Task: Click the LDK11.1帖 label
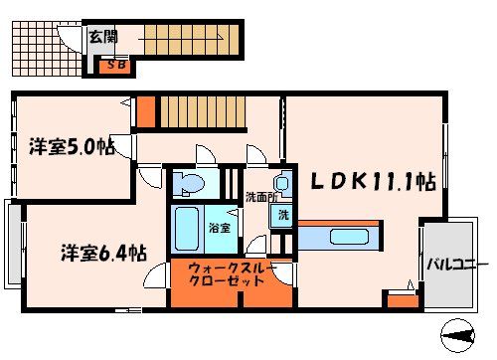point(369,182)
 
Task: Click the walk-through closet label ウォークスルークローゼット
point(231,275)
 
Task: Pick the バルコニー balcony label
point(457,265)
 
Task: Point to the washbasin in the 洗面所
point(282,185)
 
